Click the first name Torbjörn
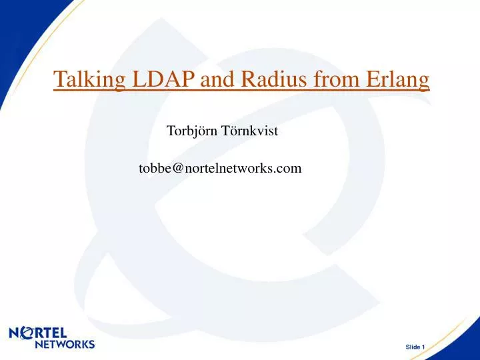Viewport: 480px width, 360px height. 192,131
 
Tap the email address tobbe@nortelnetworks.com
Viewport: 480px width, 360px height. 220,169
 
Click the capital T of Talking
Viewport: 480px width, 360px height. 58,81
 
